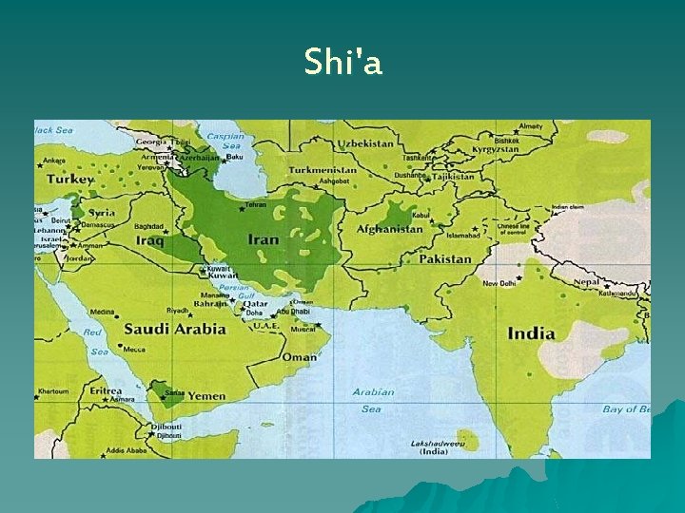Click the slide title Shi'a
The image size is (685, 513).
342,63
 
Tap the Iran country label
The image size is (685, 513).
264,239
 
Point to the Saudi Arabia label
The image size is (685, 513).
174,329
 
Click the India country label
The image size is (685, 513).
531,333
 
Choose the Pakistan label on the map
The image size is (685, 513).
444,258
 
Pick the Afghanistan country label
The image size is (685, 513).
390,229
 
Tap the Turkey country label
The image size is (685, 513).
71,179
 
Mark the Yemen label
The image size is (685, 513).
206,395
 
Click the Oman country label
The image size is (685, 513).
301,357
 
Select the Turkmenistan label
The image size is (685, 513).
322,171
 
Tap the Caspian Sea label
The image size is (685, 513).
225,141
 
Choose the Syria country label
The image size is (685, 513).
102,213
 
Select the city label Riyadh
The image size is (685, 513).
178,310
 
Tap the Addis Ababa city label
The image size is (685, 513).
127,450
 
